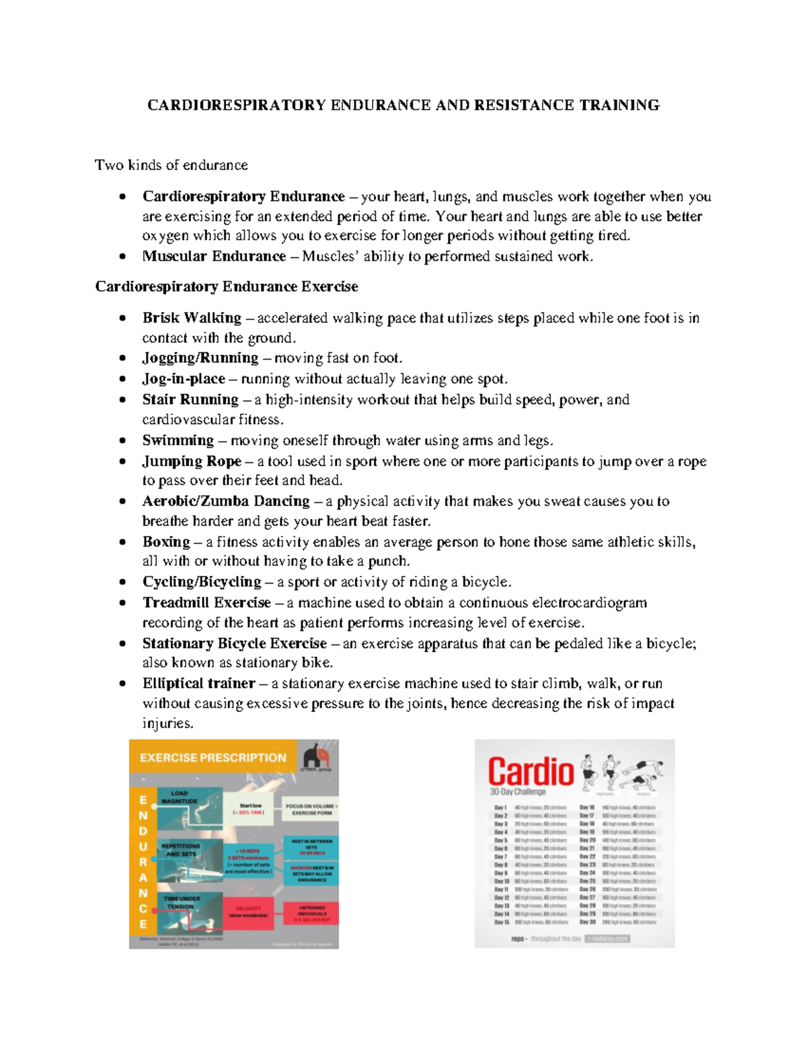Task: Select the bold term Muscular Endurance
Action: click(x=214, y=256)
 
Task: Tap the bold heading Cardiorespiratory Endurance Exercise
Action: click(x=226, y=286)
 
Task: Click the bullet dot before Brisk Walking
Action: click(x=122, y=318)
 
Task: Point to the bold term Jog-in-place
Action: click(x=183, y=378)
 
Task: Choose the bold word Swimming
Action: click(x=178, y=440)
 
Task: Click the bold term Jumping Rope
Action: click(x=192, y=461)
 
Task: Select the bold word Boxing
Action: click(x=166, y=542)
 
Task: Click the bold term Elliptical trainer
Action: click(x=198, y=684)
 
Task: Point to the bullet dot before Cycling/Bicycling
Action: click(x=122, y=582)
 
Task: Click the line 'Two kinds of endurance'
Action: click(x=171, y=165)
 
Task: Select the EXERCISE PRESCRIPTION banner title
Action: click(x=213, y=758)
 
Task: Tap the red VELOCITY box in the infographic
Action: click(x=248, y=912)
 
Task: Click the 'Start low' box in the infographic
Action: click(x=250, y=809)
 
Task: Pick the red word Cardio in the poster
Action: click(x=531, y=772)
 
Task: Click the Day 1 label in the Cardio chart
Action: click(x=500, y=808)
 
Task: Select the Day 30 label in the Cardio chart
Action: click(x=587, y=922)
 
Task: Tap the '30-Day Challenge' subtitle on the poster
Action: click(x=518, y=792)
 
